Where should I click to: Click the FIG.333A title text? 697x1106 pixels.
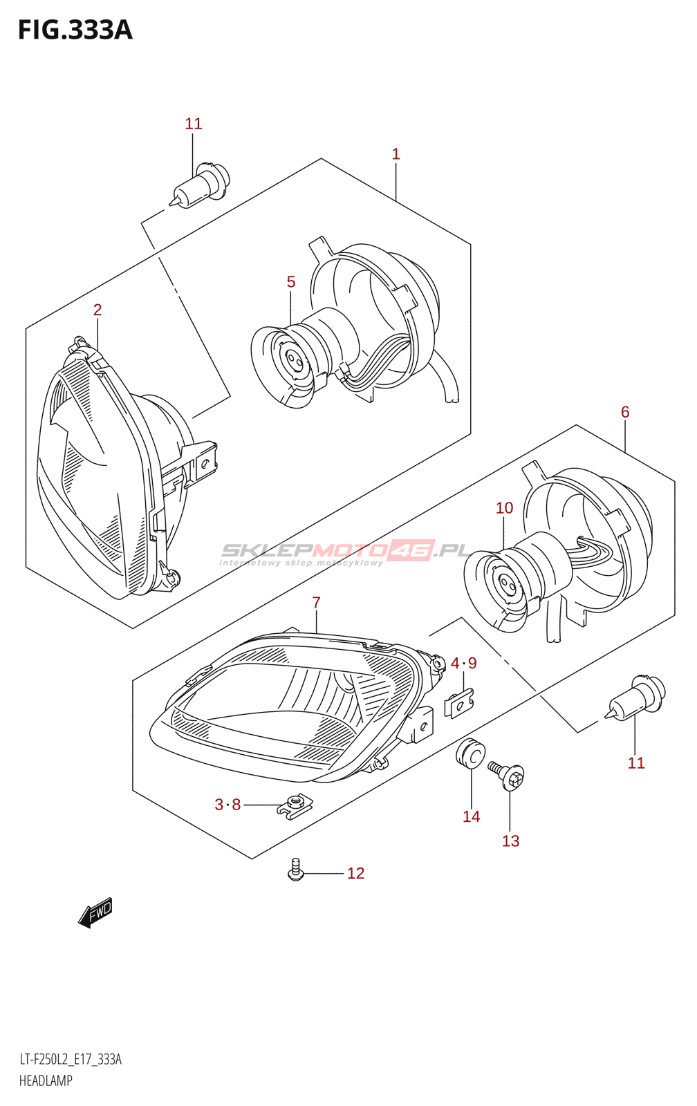75,30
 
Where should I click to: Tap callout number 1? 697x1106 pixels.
396,153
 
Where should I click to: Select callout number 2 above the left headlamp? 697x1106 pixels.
97,310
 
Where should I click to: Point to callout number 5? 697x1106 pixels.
291,282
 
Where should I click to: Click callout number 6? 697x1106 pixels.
625,412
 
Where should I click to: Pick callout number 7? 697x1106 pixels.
316,603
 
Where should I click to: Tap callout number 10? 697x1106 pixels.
504,508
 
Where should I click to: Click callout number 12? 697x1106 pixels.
355,874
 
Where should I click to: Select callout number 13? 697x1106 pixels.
510,841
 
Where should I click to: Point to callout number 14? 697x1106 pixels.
471,817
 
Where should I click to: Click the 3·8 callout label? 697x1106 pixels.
227,805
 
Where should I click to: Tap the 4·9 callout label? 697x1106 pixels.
463,664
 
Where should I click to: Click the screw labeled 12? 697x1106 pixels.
295,870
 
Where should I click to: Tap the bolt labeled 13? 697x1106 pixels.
508,776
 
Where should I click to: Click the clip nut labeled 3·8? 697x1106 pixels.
295,805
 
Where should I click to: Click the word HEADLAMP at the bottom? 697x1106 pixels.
46,1080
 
